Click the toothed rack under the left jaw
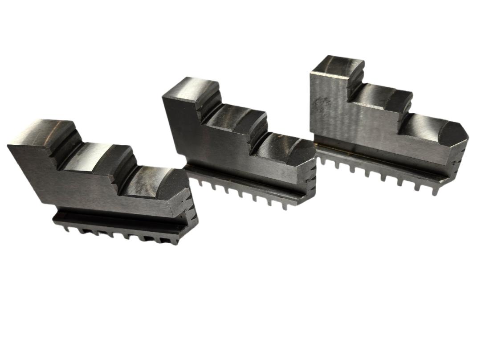point(120,232)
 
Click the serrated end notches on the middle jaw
point(312,178)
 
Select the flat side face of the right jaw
point(365,125)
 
